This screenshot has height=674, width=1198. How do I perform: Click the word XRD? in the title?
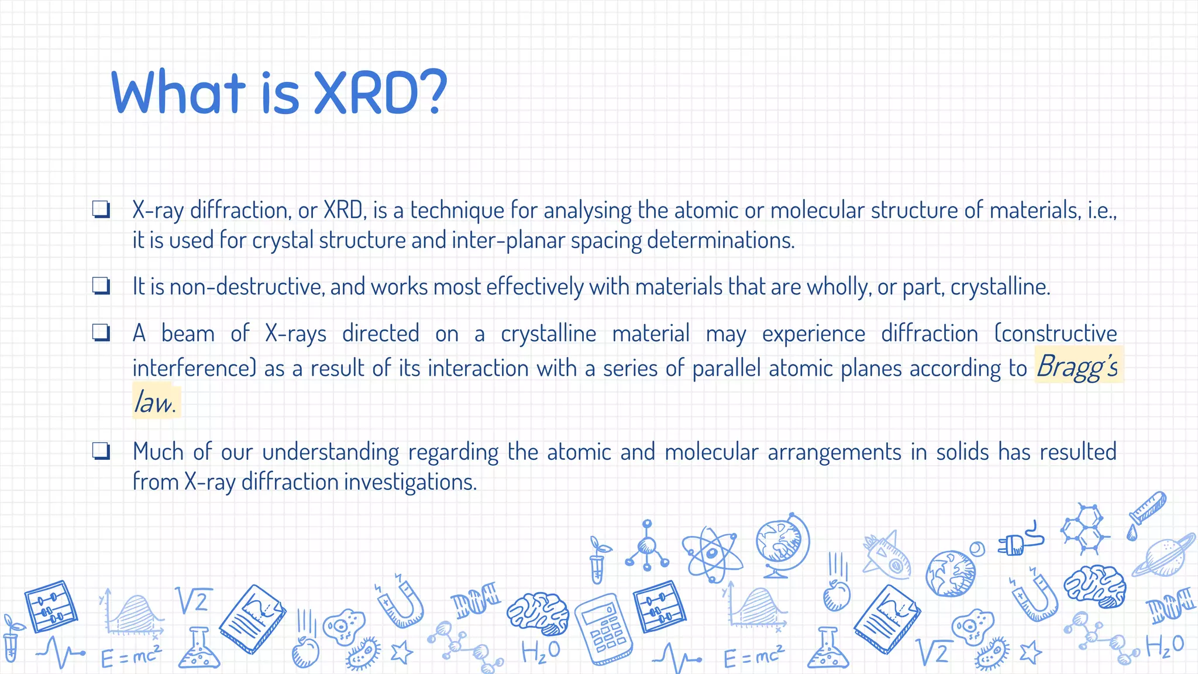tap(380, 92)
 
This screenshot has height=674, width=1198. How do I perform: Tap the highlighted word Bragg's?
tap(1077, 367)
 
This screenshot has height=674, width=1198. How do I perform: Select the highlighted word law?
tap(155, 403)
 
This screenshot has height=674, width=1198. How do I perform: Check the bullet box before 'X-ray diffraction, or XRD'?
tap(101, 209)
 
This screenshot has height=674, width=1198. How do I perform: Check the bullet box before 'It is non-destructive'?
tap(101, 286)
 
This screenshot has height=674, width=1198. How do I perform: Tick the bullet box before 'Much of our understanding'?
tap(101, 451)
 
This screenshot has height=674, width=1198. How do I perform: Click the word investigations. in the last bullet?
tap(410, 482)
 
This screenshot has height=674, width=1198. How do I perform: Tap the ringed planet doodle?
tap(1164, 556)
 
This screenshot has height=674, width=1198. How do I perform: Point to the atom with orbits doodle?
tap(711, 553)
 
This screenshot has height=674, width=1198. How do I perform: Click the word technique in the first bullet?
tap(457, 210)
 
